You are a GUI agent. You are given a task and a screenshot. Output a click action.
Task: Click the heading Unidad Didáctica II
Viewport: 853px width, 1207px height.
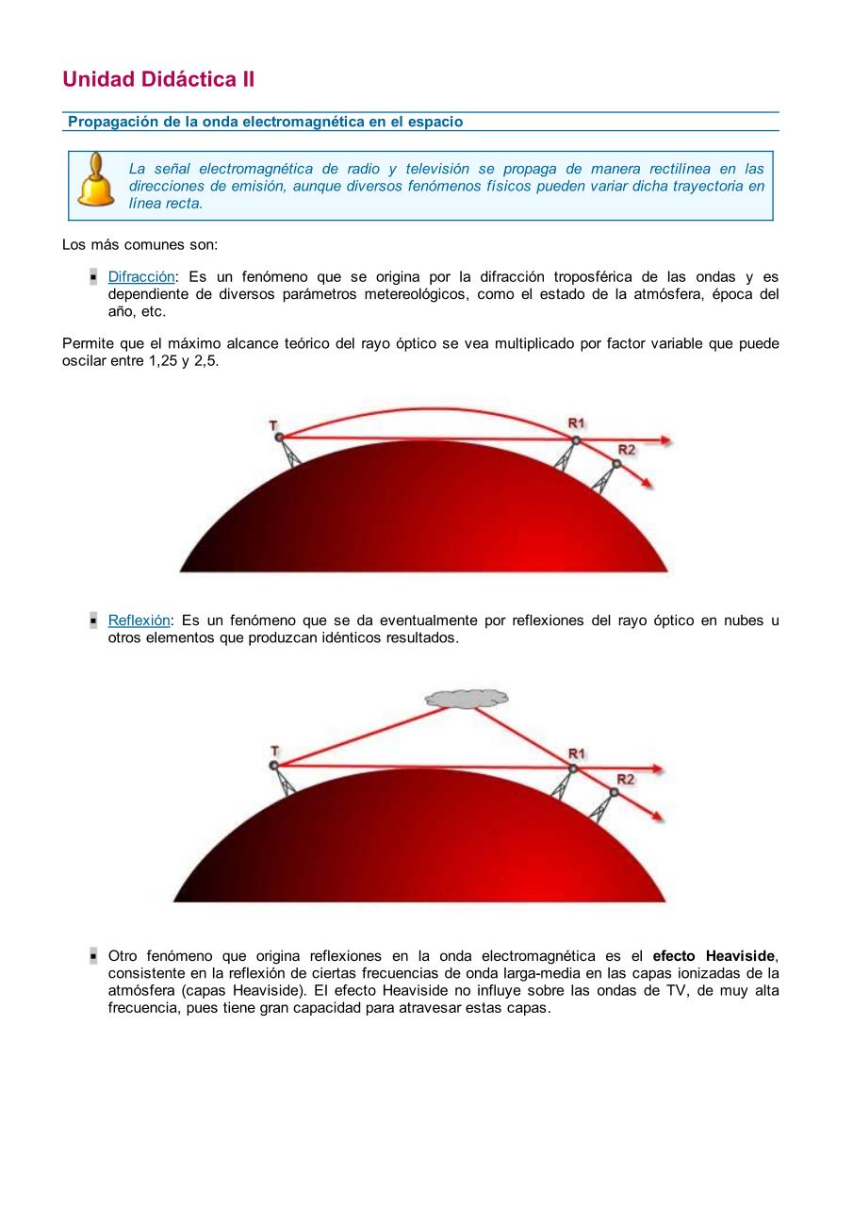point(158,79)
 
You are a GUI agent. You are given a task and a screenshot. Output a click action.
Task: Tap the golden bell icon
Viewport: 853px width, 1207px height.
point(95,181)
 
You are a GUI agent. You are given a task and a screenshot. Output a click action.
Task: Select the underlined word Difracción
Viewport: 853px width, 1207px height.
point(141,277)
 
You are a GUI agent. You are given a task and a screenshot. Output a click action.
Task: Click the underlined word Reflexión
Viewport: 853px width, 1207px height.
point(139,620)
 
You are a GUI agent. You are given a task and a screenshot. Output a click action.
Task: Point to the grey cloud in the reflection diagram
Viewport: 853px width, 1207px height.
point(467,699)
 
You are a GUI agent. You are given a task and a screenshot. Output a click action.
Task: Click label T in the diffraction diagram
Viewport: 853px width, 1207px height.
point(274,426)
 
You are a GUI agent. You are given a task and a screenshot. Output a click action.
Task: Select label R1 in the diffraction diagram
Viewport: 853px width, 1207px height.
point(576,424)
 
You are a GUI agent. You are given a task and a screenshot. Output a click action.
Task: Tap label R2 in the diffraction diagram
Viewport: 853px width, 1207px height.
point(627,450)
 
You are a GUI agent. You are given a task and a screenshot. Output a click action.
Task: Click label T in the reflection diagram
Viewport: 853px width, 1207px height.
point(274,752)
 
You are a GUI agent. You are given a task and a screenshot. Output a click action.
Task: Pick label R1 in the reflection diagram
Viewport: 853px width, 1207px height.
point(576,753)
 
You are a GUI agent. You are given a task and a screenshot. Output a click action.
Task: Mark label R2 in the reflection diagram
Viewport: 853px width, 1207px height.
point(625,779)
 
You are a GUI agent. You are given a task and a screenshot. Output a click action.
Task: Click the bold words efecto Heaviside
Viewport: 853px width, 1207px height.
point(714,956)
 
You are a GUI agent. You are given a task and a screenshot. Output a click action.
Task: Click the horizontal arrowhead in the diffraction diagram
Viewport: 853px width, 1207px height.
point(666,440)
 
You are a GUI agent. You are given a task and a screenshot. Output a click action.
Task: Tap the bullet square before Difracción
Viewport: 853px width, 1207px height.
point(94,277)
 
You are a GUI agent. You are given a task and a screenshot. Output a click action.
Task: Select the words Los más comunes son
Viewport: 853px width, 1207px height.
point(139,245)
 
